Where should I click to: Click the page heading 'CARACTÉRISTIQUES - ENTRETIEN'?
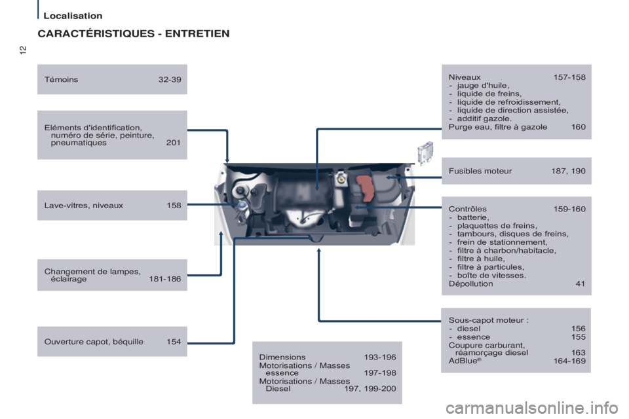tap(134, 33)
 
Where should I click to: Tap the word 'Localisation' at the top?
tap(73, 16)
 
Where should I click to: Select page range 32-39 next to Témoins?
tap(170, 79)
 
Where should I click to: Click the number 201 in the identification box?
tap(173, 143)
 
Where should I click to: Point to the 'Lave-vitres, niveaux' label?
tap(84, 206)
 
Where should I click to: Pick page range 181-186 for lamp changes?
tap(165, 279)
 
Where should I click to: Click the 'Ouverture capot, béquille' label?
tap(94, 342)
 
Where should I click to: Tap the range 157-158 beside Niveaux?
tap(569, 77)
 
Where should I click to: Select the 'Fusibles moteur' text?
tap(480, 171)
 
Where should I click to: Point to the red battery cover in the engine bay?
tap(366, 188)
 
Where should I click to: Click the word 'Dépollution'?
tap(471, 284)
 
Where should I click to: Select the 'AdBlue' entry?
tap(465, 361)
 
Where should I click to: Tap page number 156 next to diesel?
tap(578, 329)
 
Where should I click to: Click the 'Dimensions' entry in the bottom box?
tap(282, 357)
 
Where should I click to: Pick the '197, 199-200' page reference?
tap(370, 388)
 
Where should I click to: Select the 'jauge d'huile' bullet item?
tap(483, 85)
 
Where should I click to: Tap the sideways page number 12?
tap(23, 50)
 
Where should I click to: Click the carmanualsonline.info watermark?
tap(532, 408)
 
